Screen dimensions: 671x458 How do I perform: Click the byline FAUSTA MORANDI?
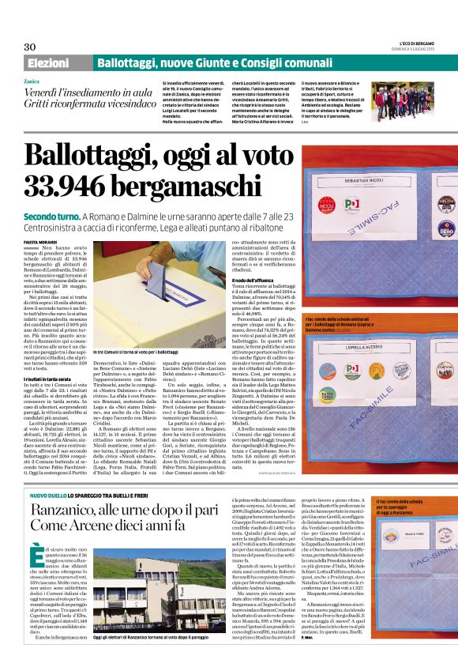[x=40, y=223]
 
